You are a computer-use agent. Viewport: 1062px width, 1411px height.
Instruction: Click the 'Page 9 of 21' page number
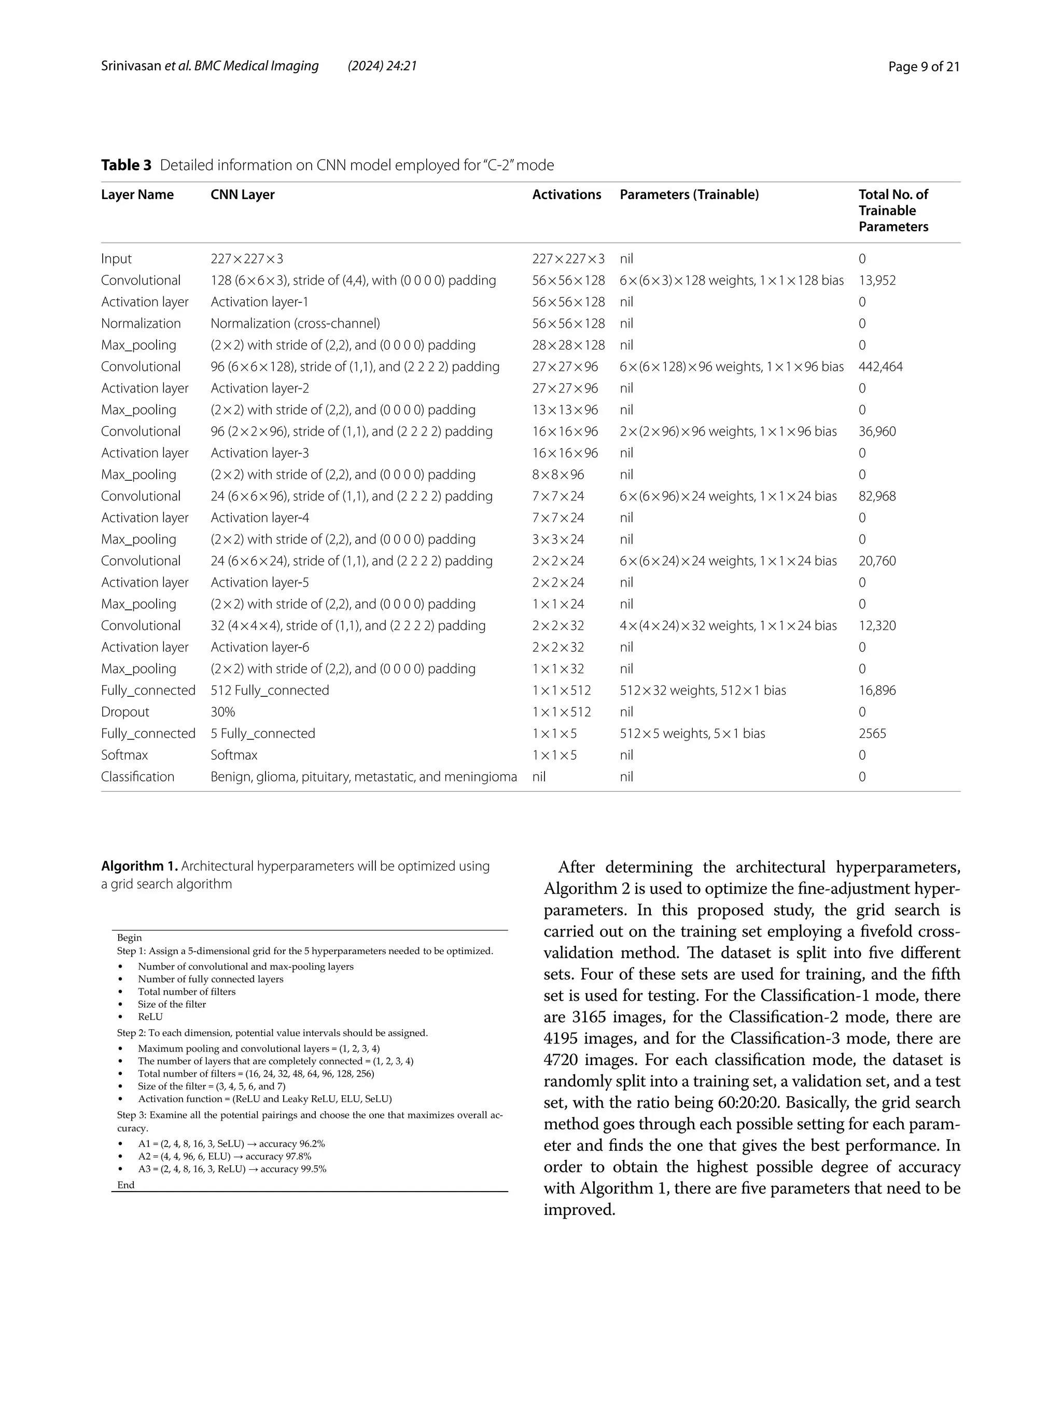pyautogui.click(x=924, y=66)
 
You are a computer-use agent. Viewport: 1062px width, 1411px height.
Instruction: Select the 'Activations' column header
pyautogui.click(x=566, y=194)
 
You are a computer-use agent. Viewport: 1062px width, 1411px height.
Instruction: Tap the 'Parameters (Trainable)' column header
pyautogui.click(x=689, y=194)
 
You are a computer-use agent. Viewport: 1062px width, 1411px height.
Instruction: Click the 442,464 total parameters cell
pyautogui.click(x=880, y=367)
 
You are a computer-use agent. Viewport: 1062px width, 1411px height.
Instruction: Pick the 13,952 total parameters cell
pyautogui.click(x=877, y=281)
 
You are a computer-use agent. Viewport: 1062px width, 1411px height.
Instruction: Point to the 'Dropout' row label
pyautogui.click(x=125, y=712)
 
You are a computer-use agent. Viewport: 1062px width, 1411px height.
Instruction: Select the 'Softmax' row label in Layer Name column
pyautogui.click(x=124, y=755)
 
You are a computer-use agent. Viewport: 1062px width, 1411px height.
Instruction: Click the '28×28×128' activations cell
pyautogui.click(x=568, y=345)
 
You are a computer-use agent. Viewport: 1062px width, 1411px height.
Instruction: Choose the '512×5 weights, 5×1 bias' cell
pyautogui.click(x=692, y=734)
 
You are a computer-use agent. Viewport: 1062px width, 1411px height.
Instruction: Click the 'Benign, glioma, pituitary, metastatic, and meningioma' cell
pyautogui.click(x=364, y=777)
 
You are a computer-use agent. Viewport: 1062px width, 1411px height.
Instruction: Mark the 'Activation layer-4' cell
pyautogui.click(x=260, y=518)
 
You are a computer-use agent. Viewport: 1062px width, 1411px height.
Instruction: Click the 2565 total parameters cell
pyautogui.click(x=872, y=734)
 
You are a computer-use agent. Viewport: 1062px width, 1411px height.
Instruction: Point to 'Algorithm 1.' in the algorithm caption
pyautogui.click(x=139, y=866)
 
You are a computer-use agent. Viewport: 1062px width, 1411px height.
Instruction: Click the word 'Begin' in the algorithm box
pyautogui.click(x=130, y=938)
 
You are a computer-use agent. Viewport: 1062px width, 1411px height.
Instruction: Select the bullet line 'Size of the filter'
pyautogui.click(x=172, y=1004)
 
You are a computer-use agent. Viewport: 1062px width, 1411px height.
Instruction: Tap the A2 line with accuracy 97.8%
pyautogui.click(x=225, y=1156)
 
